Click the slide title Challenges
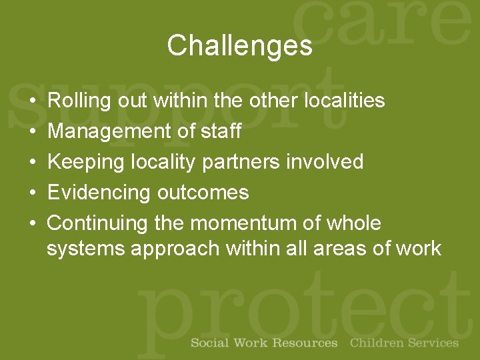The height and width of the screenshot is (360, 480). pyautogui.click(x=239, y=46)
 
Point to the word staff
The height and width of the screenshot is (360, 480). pyautogui.click(x=221, y=131)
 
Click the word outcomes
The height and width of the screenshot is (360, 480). pyautogui.click(x=203, y=193)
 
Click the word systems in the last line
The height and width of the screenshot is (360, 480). pyautogui.click(x=86, y=249)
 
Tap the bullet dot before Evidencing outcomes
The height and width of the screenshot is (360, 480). pyautogui.click(x=33, y=193)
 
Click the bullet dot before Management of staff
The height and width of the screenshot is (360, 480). pyautogui.click(x=33, y=132)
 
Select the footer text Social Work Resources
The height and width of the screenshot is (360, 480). pyautogui.click(x=264, y=343)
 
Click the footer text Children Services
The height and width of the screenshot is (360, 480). pyautogui.click(x=404, y=343)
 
